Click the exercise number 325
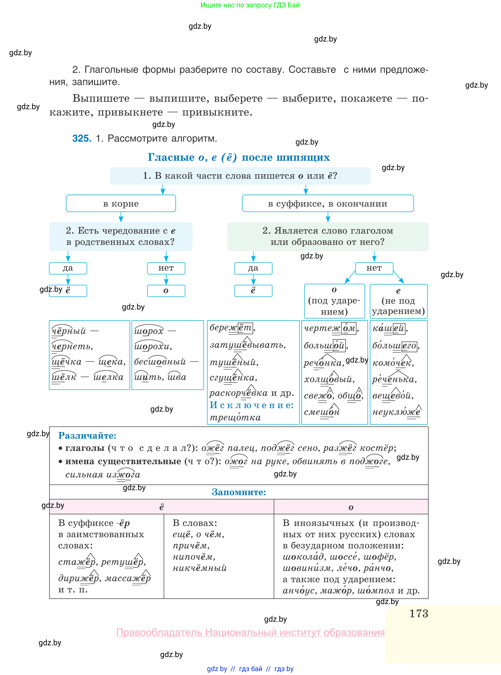point(82,138)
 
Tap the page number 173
point(419,613)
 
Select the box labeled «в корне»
point(121,203)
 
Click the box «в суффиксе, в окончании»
point(328,203)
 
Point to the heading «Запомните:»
point(239,492)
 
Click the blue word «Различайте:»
point(87,435)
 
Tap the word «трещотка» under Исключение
point(235,417)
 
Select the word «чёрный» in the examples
point(69,331)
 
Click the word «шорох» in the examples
point(149,331)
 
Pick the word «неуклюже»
point(396,412)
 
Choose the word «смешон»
point(322,412)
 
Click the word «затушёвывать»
point(247,345)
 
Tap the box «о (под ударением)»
point(334,301)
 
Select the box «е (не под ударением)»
point(398,301)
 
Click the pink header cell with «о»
point(351,507)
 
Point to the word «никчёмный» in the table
point(200,568)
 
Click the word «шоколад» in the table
point(303,557)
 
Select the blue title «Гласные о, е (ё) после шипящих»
point(239,157)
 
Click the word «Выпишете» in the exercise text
point(101,98)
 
